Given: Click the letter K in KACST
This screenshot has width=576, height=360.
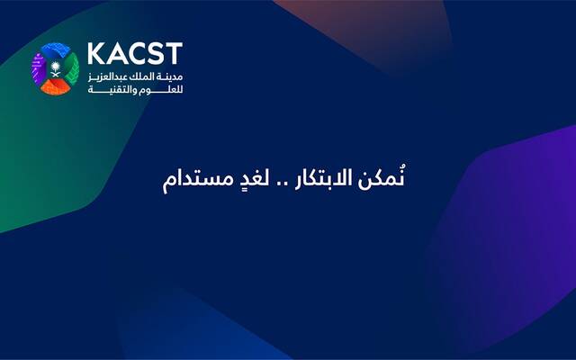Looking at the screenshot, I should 96,53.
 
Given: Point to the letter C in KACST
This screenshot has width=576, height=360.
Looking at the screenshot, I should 135,53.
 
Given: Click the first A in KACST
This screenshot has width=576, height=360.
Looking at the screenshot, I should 115,53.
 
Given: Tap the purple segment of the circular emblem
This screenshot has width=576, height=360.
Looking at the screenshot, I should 39,67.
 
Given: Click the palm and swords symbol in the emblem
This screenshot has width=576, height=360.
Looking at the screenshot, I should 56,67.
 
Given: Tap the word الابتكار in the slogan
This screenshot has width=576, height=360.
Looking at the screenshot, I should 328,177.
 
